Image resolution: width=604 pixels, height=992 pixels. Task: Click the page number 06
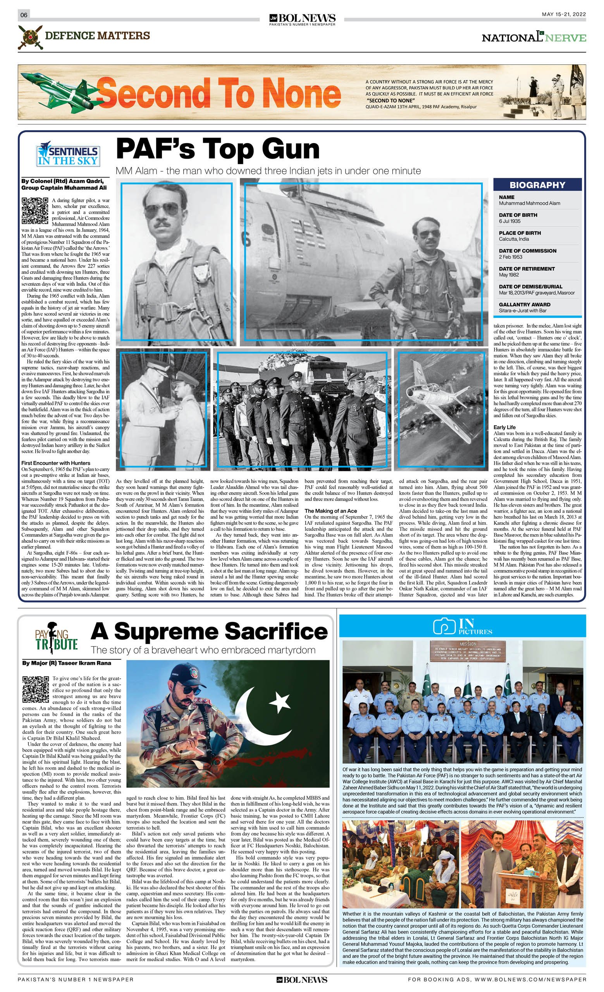point(24,15)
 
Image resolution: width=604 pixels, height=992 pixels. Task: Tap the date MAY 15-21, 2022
point(563,14)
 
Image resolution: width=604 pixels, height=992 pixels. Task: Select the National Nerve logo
point(533,38)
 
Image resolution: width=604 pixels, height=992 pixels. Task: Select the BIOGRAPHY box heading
point(537,185)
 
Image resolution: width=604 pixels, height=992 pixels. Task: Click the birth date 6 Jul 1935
point(509,221)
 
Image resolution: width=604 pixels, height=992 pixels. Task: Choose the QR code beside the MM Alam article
point(35,210)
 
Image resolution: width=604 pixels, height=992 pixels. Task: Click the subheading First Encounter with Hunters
point(55,463)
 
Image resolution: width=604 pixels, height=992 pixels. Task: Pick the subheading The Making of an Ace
point(330,511)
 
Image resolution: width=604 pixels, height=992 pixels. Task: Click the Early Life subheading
point(504,427)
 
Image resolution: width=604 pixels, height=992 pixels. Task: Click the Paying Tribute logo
point(56,640)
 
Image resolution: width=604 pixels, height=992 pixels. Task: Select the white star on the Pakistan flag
point(279,702)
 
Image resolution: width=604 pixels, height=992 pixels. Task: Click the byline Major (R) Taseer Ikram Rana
point(66,663)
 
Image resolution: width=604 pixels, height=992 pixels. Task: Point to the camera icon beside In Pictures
point(444,626)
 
